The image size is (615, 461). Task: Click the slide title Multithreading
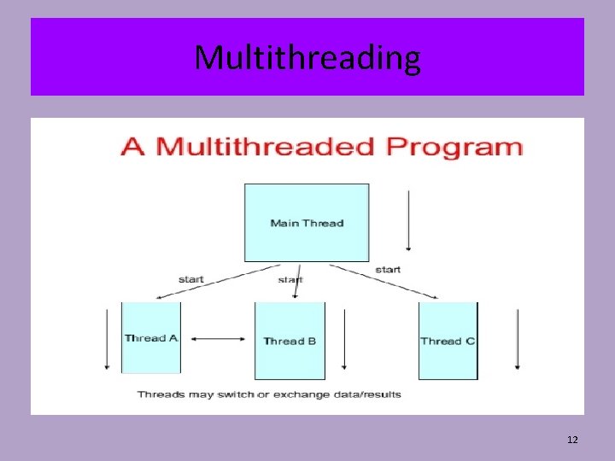click(307, 58)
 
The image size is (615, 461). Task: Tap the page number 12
click(572, 440)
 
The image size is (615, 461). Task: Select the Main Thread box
click(307, 223)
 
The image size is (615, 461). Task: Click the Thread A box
click(151, 338)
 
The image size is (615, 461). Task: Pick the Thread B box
click(290, 341)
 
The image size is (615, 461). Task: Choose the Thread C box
click(448, 341)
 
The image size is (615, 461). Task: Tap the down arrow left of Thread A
click(107, 338)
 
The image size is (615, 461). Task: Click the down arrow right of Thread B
click(343, 340)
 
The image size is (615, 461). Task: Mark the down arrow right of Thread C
click(517, 340)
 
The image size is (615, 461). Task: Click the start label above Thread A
click(190, 279)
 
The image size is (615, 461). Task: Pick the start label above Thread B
click(290, 279)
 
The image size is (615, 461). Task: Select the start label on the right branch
click(387, 270)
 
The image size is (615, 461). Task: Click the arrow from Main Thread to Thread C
click(384, 281)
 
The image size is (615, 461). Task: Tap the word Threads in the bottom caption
click(158, 394)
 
